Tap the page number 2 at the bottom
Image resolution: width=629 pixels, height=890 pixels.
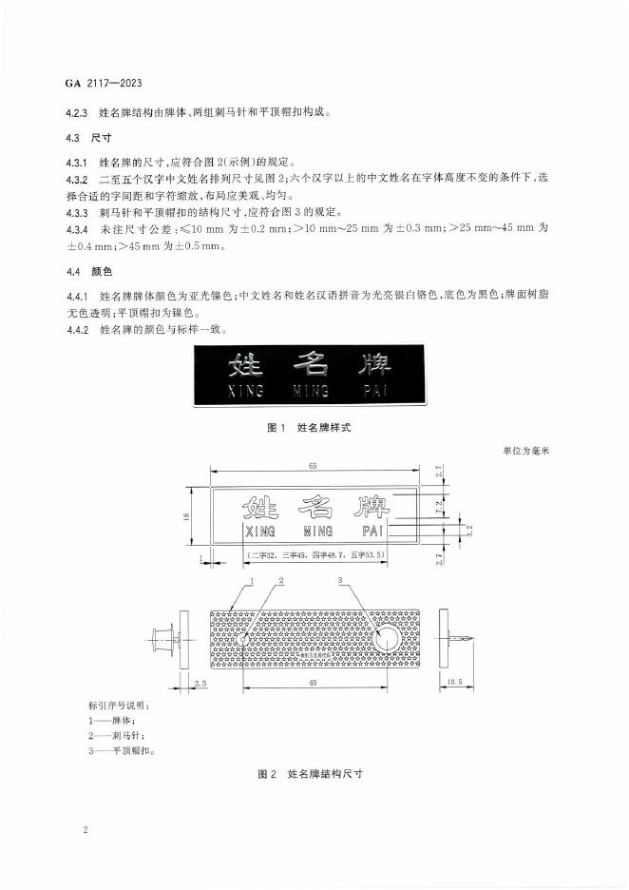(86, 829)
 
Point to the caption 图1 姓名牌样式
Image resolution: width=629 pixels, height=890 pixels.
(310, 428)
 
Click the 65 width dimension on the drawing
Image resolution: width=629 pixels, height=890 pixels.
(313, 466)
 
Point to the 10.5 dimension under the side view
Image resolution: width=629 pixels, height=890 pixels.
(452, 682)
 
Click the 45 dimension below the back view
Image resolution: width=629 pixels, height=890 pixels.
(313, 683)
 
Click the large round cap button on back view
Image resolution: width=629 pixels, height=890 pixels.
(389, 641)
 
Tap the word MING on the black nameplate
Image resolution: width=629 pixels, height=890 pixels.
(311, 391)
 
